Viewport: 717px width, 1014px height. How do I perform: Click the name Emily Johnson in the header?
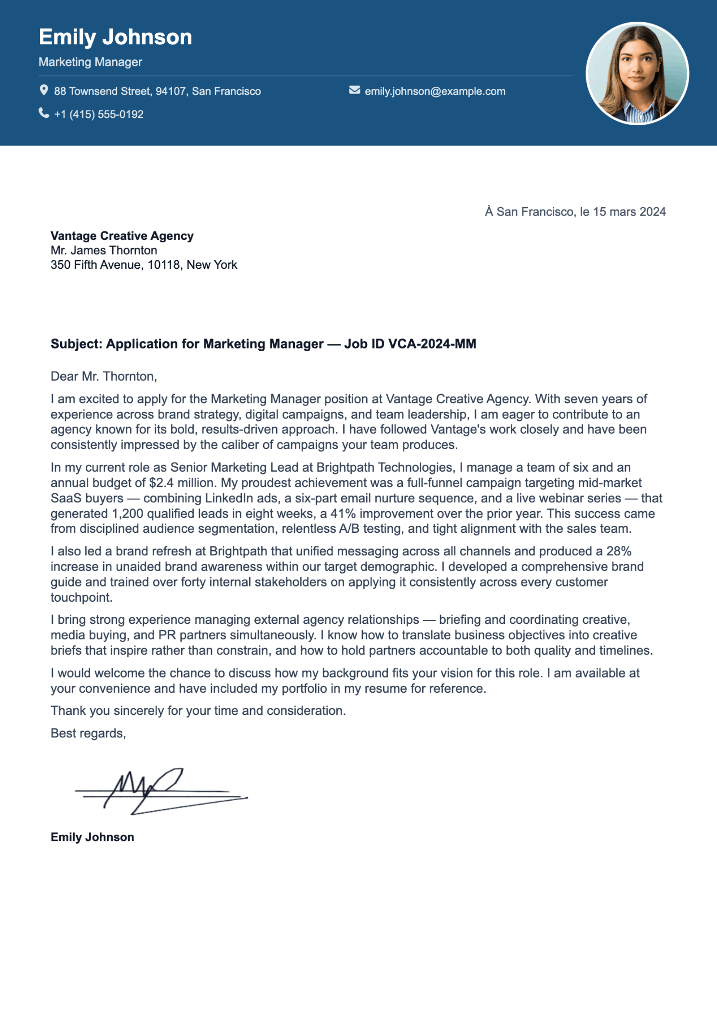[115, 37]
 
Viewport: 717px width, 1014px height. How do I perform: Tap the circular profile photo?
[637, 74]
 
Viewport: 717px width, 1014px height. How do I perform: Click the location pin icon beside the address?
[44, 91]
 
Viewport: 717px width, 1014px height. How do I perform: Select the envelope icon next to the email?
[354, 90]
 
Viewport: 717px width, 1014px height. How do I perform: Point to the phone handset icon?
[44, 113]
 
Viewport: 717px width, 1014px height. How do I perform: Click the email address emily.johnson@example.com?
[434, 91]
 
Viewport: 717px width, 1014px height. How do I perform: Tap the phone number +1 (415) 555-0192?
[98, 114]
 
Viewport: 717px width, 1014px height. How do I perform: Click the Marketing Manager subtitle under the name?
[90, 62]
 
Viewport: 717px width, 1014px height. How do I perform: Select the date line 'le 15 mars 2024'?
[622, 212]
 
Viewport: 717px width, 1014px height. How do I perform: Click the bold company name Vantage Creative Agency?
[122, 236]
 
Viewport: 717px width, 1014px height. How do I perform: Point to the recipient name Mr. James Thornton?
[104, 251]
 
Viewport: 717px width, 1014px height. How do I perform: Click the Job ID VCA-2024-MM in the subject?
[410, 344]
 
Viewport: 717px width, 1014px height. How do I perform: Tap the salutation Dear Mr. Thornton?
[104, 376]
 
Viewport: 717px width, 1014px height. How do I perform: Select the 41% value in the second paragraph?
[343, 514]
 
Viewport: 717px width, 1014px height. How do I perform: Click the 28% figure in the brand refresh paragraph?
[619, 551]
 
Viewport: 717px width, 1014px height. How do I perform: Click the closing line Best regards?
[88, 733]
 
